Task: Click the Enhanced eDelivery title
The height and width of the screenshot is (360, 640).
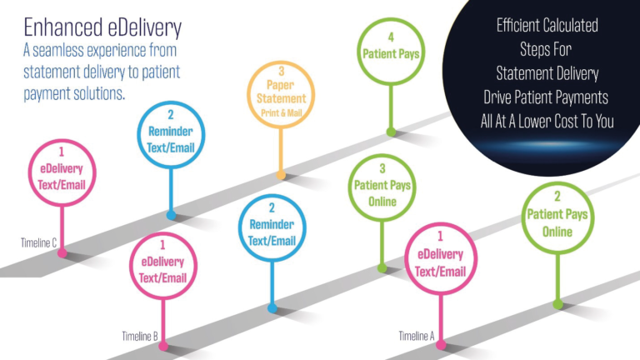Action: (x=103, y=27)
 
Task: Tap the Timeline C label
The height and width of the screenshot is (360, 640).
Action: (x=39, y=242)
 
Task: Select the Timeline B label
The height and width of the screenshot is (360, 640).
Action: (x=139, y=336)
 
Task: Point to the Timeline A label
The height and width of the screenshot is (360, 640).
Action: (x=416, y=336)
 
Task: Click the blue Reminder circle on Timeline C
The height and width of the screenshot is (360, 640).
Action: (x=170, y=133)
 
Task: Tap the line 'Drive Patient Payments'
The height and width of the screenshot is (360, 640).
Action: (x=547, y=97)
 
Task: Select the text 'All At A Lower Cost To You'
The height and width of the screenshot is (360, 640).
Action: (x=547, y=122)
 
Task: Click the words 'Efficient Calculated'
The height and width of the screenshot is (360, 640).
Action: (x=547, y=25)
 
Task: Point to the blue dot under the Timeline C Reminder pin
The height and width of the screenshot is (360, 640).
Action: (x=171, y=215)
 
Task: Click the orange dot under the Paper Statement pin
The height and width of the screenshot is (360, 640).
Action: (x=281, y=176)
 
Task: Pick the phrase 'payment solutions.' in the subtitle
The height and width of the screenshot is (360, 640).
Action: (x=74, y=92)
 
